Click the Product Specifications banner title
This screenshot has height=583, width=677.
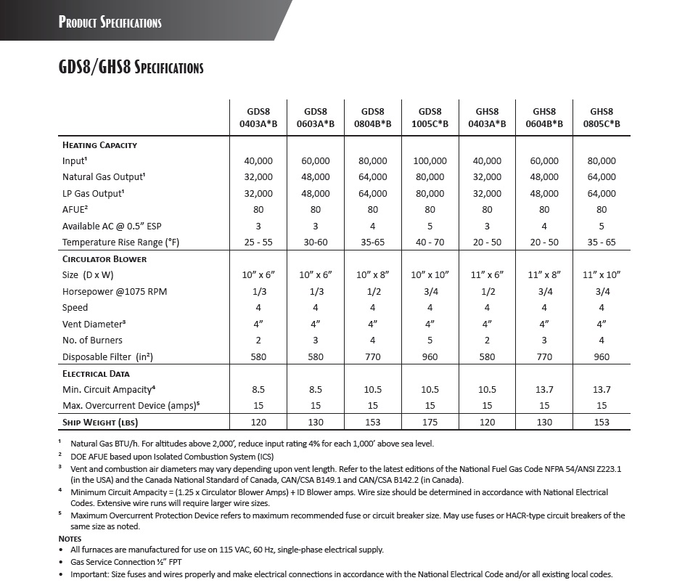pos(110,22)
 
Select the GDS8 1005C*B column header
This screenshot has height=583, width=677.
pos(430,118)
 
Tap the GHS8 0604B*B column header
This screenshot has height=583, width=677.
pos(544,118)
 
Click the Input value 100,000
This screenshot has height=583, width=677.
pos(430,160)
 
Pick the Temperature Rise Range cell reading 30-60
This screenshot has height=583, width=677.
pos(315,242)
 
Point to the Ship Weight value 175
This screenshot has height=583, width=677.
pos(430,423)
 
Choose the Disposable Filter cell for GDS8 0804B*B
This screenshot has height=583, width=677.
pos(372,356)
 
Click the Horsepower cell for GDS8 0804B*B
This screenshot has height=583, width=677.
pos(372,291)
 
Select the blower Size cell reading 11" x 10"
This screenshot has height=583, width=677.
pos(602,274)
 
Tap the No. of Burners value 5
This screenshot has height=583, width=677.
pos(430,340)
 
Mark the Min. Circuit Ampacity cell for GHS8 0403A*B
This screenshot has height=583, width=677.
pos(487,390)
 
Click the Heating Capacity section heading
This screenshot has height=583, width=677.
pos(99,144)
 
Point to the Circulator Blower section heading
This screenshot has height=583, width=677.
pos(104,258)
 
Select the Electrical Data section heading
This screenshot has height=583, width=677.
pos(96,373)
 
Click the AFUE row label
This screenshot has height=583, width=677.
pos(75,209)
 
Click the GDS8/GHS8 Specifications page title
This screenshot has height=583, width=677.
pos(131,68)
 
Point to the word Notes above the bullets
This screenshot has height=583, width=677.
pos(70,539)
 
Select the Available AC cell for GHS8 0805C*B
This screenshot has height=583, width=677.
pos(602,226)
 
